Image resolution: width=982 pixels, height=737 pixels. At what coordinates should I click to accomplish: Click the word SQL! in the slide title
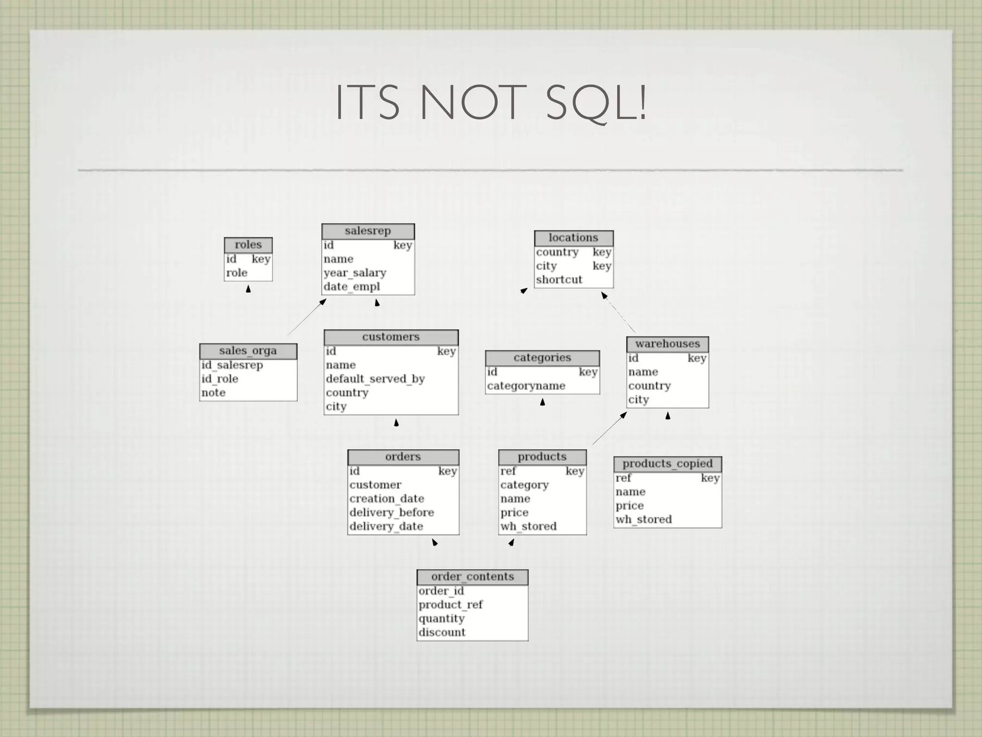pos(596,102)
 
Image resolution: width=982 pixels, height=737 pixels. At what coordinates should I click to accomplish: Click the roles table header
pos(248,245)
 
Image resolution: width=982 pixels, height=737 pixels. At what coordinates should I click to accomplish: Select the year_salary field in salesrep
pos(355,273)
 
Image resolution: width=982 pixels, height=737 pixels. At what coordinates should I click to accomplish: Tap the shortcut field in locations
pos(559,280)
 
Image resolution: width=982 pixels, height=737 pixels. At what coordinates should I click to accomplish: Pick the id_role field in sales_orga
pos(220,379)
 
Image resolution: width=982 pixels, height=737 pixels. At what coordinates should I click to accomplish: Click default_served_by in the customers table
pos(375,379)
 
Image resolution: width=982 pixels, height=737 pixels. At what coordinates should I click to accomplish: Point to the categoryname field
pos(526,386)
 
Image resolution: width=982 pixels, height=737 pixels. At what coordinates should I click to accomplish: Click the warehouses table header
pos(667,344)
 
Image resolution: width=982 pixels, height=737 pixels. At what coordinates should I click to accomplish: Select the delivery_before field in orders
pos(392,512)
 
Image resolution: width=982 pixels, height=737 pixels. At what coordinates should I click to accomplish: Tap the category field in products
pos(525,485)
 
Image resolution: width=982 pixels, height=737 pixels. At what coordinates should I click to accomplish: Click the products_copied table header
pos(667,464)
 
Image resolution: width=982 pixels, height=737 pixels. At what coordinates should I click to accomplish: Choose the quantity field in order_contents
pos(442,618)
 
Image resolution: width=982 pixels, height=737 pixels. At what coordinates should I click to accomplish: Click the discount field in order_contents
pos(442,632)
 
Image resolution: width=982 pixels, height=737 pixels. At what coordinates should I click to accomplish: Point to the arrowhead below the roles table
pos(248,289)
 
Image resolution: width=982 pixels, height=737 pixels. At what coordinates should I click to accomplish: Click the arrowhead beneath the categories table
pos(542,402)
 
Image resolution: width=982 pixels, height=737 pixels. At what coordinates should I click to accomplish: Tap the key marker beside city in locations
pos(602,266)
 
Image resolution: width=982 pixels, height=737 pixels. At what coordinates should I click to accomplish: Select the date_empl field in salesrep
pos(351,287)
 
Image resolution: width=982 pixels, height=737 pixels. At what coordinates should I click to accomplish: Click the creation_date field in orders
pos(386,499)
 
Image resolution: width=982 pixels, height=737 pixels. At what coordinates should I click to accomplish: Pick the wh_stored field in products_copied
pos(643,520)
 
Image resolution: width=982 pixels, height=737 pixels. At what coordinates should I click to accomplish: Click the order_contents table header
pos(472,577)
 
